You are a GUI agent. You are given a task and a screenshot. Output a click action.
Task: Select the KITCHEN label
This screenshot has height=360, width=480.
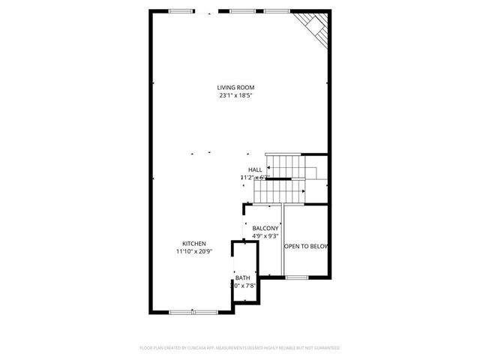pyautogui.click(x=193, y=243)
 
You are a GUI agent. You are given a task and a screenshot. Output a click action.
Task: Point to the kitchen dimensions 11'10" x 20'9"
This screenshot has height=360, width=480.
pyautogui.click(x=193, y=251)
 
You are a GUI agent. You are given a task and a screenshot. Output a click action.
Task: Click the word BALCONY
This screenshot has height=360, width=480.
pyautogui.click(x=265, y=229)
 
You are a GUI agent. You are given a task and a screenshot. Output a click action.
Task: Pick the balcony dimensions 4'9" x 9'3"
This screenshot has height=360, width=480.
pyautogui.click(x=265, y=236)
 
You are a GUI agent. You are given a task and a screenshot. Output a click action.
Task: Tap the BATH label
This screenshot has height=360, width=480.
pyautogui.click(x=242, y=278)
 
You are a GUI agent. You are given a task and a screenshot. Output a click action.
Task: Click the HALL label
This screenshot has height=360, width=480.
pyautogui.click(x=255, y=170)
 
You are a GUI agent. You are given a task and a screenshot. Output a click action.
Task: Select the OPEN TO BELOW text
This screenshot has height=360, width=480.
pyautogui.click(x=305, y=245)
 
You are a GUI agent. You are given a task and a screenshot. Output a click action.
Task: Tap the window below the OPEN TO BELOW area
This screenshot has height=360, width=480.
pyautogui.click(x=297, y=277)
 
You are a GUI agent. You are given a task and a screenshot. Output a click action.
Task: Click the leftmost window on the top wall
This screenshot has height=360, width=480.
pyautogui.click(x=180, y=10)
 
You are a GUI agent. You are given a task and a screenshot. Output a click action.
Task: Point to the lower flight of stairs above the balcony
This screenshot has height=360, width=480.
pyautogui.click(x=279, y=192)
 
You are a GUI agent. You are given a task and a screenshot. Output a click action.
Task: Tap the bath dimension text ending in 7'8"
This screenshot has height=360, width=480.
pyautogui.click(x=243, y=286)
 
